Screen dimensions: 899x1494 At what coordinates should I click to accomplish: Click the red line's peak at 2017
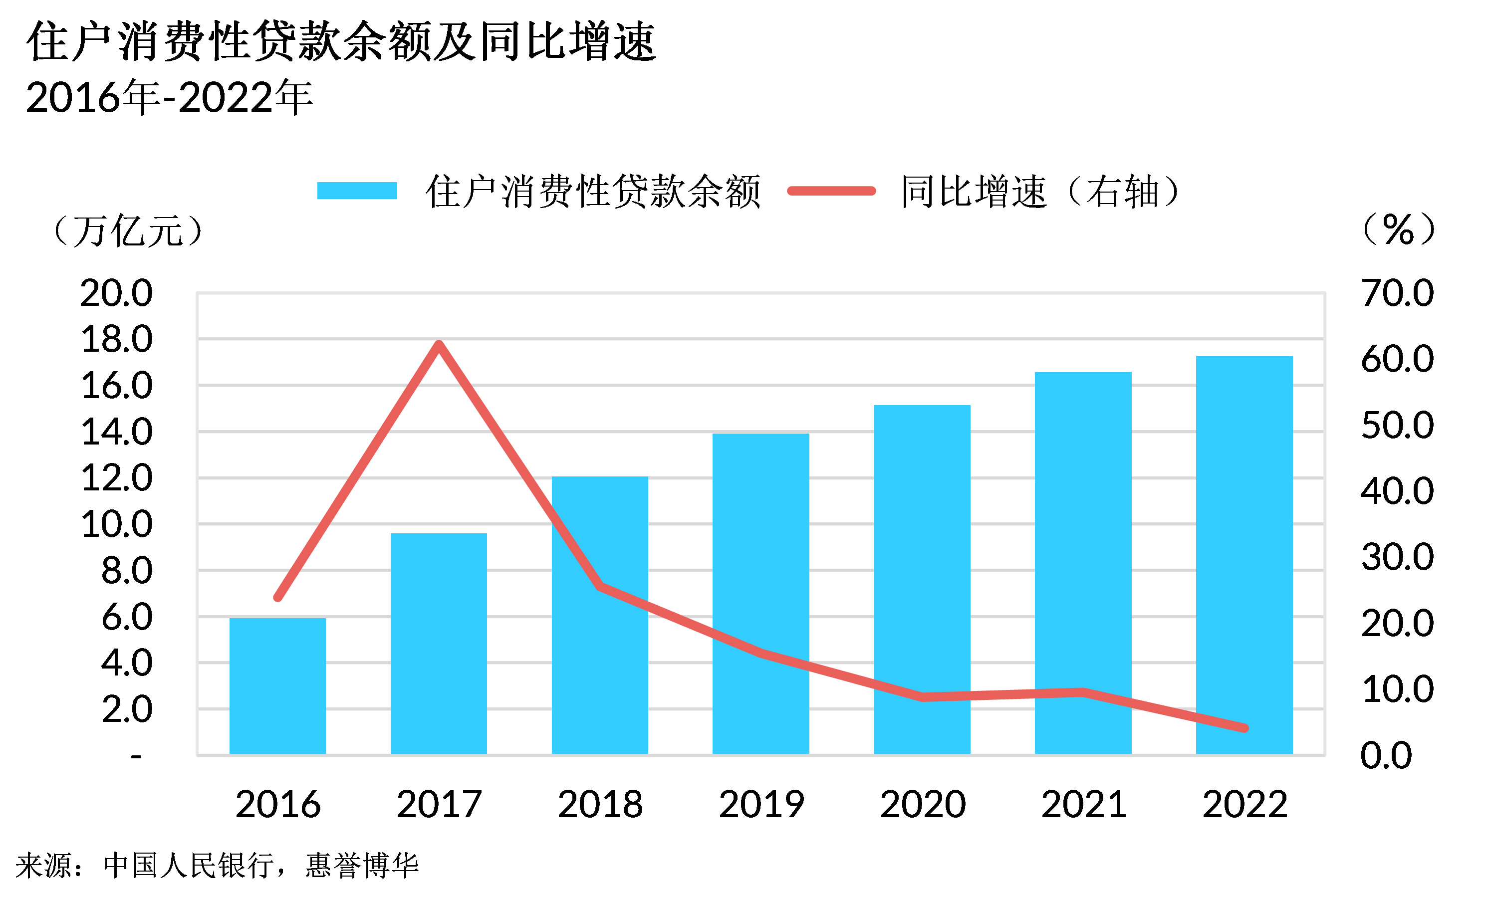pyautogui.click(x=439, y=344)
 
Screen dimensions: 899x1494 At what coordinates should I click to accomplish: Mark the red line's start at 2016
pyautogui.click(x=278, y=597)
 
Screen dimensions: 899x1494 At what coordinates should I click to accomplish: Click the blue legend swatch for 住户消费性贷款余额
pyautogui.click(x=357, y=191)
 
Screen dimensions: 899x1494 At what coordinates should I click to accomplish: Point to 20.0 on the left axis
pyautogui.click(x=116, y=293)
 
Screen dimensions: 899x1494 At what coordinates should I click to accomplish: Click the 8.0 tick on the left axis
pyautogui.click(x=126, y=571)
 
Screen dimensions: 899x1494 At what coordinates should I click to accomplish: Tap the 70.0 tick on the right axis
pyautogui.click(x=1397, y=293)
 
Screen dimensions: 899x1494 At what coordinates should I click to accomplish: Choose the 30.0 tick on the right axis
pyautogui.click(x=1397, y=557)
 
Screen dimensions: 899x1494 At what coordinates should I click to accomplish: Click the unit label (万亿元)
pyautogui.click(x=128, y=231)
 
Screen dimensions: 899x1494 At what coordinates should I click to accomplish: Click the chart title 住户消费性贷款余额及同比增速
pyautogui.click(x=341, y=41)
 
